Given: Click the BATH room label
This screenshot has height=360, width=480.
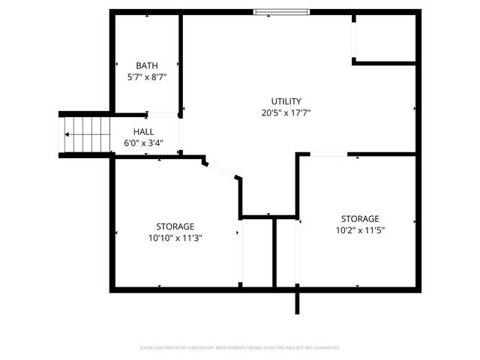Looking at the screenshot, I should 146,65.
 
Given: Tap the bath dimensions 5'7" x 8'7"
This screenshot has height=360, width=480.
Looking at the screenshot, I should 146,76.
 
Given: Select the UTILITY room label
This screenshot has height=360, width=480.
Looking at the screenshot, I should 286,101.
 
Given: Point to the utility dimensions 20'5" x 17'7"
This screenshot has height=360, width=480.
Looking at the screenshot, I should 286,112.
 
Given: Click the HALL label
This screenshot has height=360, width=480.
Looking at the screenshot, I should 144,131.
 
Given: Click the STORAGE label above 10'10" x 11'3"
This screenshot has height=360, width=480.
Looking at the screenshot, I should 175,226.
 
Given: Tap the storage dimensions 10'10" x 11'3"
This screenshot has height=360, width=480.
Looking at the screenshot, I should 175,238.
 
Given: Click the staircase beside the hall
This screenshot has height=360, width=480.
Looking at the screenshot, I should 85,135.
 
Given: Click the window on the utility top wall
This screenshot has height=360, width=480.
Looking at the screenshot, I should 281,11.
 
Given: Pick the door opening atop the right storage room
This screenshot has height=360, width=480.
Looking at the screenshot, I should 328,154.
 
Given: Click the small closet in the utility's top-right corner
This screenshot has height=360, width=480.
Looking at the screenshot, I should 385,37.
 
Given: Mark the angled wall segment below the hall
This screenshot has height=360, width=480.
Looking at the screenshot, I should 222,169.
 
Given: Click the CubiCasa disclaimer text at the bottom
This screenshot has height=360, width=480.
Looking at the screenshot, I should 240,348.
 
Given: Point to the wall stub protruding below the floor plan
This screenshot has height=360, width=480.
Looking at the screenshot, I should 298,301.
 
